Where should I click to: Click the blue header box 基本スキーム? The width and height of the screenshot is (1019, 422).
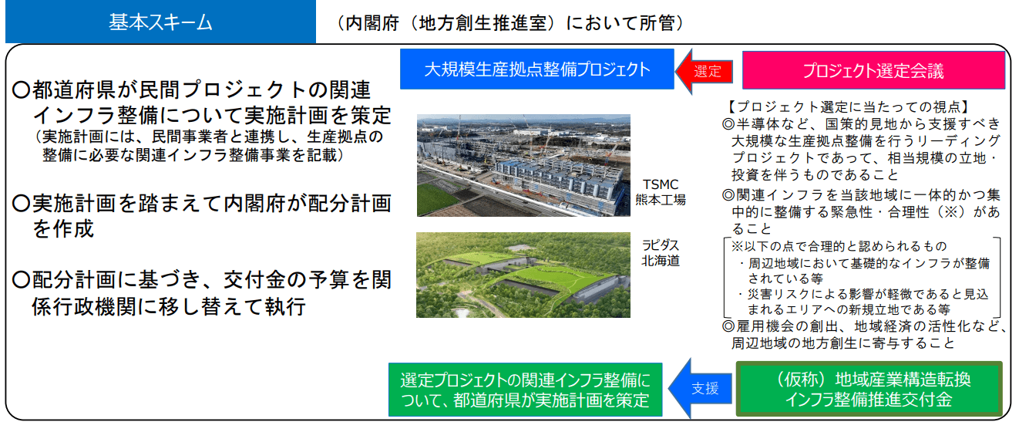click(160, 22)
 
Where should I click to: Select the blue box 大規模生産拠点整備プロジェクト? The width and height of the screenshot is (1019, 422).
click(536, 69)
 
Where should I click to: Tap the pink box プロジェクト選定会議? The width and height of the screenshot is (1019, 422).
click(873, 70)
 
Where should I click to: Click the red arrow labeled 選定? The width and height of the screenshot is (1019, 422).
click(705, 71)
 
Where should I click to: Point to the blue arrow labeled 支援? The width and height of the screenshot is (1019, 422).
click(701, 388)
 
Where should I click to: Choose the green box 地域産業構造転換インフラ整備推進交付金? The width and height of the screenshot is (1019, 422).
click(869, 390)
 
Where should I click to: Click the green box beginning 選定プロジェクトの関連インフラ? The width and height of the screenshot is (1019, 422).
click(526, 390)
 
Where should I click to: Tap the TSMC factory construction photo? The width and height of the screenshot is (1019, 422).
click(523, 165)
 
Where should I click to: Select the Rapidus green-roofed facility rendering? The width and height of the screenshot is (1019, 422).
click(523, 275)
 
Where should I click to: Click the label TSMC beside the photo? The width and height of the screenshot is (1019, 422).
click(661, 184)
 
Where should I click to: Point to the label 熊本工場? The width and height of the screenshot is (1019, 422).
click(661, 199)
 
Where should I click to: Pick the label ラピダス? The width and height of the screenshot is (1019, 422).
click(661, 245)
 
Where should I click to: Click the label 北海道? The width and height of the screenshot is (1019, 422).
click(661, 261)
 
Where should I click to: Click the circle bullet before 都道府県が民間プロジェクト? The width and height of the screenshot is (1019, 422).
click(21, 89)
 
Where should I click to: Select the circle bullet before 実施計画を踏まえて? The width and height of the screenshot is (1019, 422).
click(21, 203)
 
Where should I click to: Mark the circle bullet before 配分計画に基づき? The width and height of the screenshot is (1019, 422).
click(21, 279)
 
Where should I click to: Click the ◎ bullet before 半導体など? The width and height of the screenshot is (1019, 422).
click(728, 124)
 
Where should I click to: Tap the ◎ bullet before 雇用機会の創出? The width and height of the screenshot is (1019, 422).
click(728, 326)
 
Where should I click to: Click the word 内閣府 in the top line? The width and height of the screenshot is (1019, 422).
click(372, 23)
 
